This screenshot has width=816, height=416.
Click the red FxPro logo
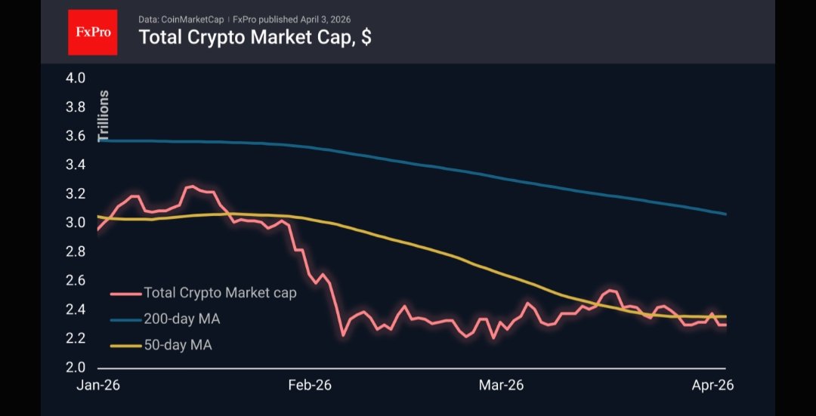click(93, 32)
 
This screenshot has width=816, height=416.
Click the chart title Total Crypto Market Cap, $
click(255, 37)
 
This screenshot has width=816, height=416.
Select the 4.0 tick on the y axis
click(76, 78)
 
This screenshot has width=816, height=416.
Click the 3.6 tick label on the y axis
click(76, 136)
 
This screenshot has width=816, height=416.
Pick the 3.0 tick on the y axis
click(76, 223)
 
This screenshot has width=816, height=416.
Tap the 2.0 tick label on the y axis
click(76, 368)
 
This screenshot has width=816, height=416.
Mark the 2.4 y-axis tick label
click(76, 310)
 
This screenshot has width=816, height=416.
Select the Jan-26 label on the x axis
click(98, 385)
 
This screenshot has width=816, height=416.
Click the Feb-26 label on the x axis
click(311, 385)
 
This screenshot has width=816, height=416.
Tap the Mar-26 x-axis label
click(501, 385)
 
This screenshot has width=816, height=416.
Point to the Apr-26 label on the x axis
click(713, 385)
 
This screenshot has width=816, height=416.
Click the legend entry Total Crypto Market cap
click(220, 293)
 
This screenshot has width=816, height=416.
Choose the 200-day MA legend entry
click(182, 319)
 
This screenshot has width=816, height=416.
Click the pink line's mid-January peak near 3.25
click(192, 186)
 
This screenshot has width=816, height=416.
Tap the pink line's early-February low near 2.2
click(343, 334)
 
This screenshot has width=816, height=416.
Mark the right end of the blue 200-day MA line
click(725, 214)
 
